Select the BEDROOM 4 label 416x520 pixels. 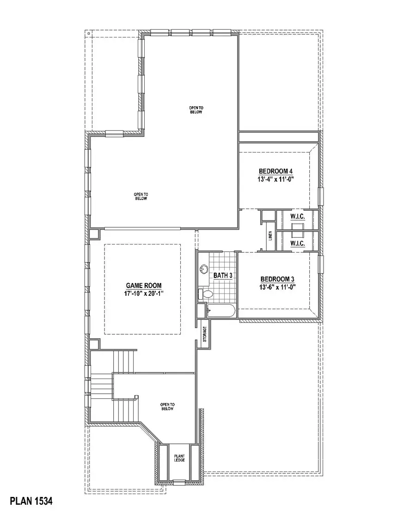pyautogui.click(x=275, y=171)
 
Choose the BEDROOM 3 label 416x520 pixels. pyautogui.click(x=277, y=279)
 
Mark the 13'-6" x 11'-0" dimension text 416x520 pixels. pyautogui.click(x=277, y=287)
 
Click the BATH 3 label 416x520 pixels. pyautogui.click(x=222, y=275)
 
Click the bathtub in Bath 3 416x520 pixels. pyautogui.click(x=221, y=311)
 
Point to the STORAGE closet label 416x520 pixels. pyautogui.click(x=204, y=336)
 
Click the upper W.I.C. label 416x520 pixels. pyautogui.click(x=296, y=216)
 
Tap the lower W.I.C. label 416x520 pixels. pyautogui.click(x=296, y=243)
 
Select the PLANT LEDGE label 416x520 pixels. pyautogui.click(x=179, y=458)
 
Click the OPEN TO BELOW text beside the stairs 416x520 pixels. pyautogui.click(x=167, y=406)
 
